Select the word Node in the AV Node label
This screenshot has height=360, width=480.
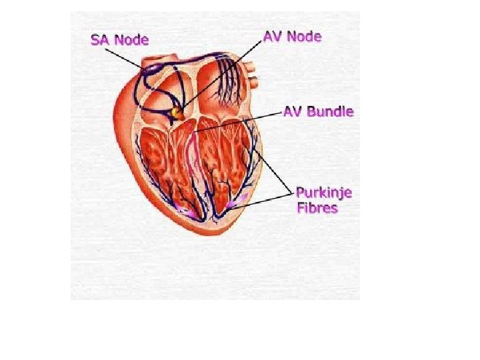tap(305, 36)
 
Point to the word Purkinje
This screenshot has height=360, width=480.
tap(324, 193)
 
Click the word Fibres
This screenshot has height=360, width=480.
tap(317, 208)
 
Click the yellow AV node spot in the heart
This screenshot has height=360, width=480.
tap(177, 113)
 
